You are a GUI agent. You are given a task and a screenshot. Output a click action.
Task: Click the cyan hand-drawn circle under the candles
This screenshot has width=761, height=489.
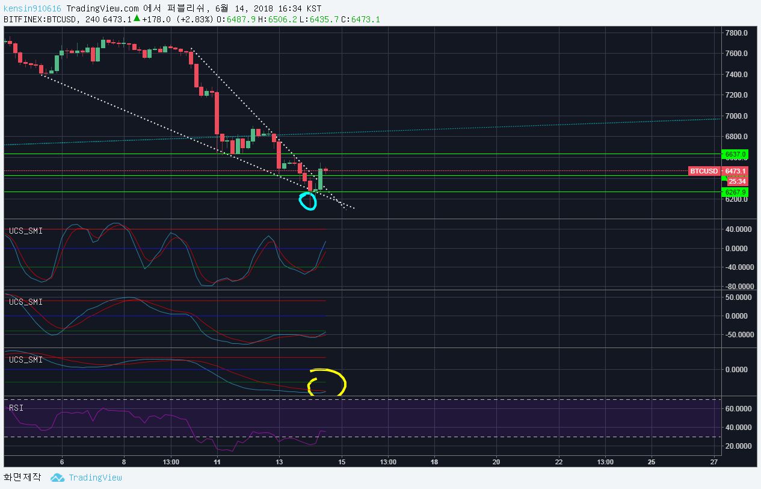(307, 201)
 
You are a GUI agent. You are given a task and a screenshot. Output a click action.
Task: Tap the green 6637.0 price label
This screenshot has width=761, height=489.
(735, 155)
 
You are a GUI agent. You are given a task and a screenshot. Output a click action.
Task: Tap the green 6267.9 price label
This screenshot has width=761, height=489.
(735, 193)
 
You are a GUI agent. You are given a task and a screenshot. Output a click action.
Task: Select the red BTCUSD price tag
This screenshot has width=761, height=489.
(703, 171)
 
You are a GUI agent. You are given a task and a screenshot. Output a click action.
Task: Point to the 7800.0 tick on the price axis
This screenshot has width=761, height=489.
(736, 33)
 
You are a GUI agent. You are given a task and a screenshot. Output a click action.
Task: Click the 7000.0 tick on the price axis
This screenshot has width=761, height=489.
(736, 116)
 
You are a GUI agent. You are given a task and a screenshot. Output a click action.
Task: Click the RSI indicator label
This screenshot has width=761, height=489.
(16, 408)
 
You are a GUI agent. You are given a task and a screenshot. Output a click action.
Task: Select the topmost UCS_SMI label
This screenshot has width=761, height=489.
(25, 231)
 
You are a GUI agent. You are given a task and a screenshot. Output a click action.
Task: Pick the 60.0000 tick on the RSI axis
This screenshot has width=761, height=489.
(739, 409)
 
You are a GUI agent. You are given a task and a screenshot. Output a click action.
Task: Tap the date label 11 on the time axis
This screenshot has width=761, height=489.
(217, 462)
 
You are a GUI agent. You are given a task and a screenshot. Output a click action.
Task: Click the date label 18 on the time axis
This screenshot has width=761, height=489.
(434, 462)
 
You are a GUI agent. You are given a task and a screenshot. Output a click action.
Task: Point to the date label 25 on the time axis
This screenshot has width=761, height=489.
(652, 462)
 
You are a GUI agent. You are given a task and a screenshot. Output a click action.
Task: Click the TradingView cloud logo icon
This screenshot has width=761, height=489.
(57, 478)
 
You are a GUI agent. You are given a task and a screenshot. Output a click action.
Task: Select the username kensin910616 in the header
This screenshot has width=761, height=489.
(32, 8)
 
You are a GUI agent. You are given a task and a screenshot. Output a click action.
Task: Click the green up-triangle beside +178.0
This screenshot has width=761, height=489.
(137, 19)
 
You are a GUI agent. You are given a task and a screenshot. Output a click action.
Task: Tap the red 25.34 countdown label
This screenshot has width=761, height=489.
(737, 181)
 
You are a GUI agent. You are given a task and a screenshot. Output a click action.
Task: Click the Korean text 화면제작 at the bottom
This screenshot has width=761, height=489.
(22, 478)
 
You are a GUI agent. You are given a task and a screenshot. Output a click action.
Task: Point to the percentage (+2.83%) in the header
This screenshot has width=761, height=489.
(195, 19)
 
